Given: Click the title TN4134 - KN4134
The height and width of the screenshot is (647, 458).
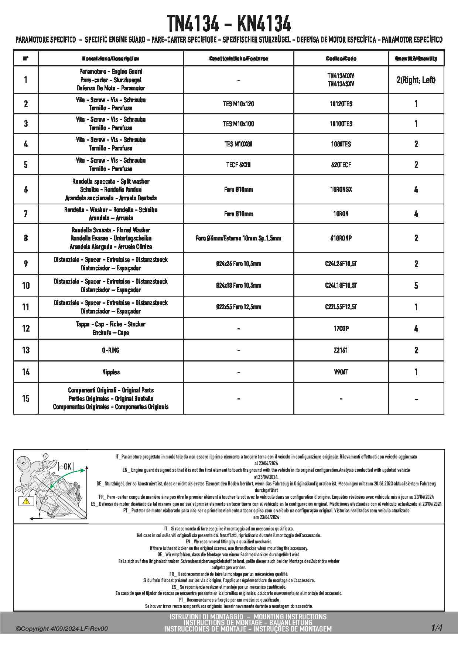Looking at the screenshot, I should coord(229,24).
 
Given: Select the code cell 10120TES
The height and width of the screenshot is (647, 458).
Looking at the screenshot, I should coord(341,104).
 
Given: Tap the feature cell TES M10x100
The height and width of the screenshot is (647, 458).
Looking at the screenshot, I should coord(238,124).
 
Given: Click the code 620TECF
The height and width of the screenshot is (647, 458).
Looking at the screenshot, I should coord(341,165).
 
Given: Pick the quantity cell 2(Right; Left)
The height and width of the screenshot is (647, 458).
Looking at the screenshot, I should coord(416,80).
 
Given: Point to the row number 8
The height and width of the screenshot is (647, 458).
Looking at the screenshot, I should coord(26,238).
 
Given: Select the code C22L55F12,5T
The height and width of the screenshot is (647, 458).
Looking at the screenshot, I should coord(341,307).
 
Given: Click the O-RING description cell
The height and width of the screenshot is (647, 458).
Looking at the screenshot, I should coord(111,350).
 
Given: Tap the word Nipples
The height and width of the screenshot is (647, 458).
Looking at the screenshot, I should coord(111,372).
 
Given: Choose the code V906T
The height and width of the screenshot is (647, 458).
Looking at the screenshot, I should coord(341,372).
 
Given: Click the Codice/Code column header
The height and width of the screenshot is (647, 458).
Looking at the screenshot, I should coord(341,59).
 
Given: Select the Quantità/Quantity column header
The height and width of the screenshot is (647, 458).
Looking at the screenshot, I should coord(416,59).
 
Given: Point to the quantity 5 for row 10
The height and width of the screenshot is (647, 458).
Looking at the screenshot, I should coord(416,286).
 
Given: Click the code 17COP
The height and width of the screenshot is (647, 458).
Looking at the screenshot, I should coord(341,328).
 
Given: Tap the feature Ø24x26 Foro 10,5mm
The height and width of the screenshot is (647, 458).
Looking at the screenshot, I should coord(238,264).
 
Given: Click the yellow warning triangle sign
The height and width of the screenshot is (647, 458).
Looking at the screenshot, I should coord(26,501).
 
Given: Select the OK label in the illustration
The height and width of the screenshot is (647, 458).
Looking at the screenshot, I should coord(66,467).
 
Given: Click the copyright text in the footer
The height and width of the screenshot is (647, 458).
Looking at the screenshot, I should coord(62,629).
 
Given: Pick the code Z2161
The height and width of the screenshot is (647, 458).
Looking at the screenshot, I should coord(341,350).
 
